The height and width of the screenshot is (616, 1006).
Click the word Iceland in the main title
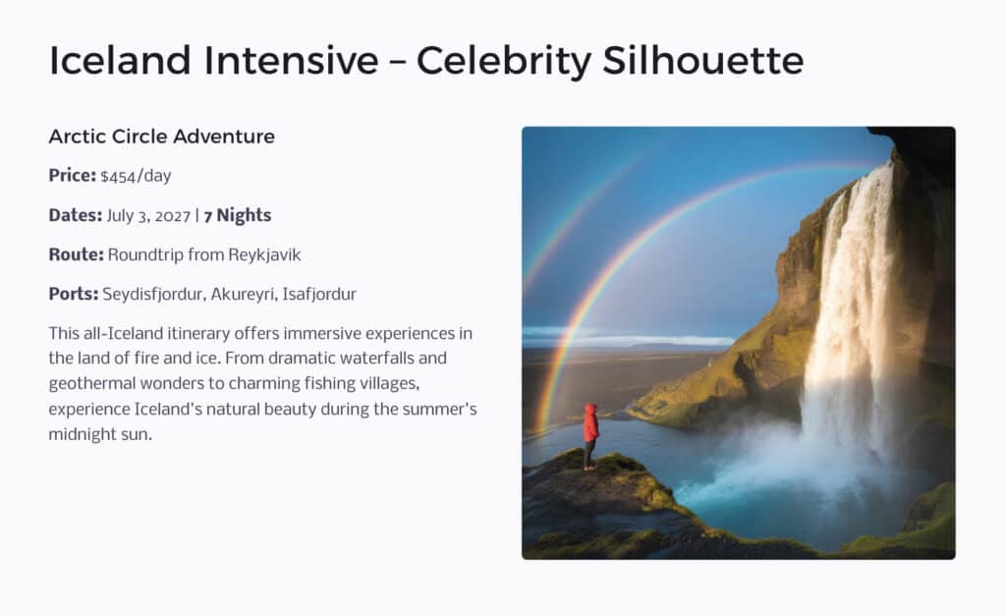tap(121, 61)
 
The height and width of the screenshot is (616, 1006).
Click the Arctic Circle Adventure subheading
tap(161, 137)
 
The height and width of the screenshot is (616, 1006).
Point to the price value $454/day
tap(136, 176)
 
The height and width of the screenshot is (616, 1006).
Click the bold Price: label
tap(72, 176)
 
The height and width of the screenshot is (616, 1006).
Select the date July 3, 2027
tap(148, 215)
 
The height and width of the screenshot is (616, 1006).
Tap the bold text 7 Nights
tap(237, 215)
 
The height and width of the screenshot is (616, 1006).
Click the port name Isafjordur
tap(321, 294)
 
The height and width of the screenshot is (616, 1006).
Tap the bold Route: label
tap(76, 254)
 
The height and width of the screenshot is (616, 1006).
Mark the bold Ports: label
tap(74, 294)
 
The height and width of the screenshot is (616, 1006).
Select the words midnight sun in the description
tap(100, 434)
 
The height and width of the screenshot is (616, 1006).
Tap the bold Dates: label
tap(75, 215)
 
